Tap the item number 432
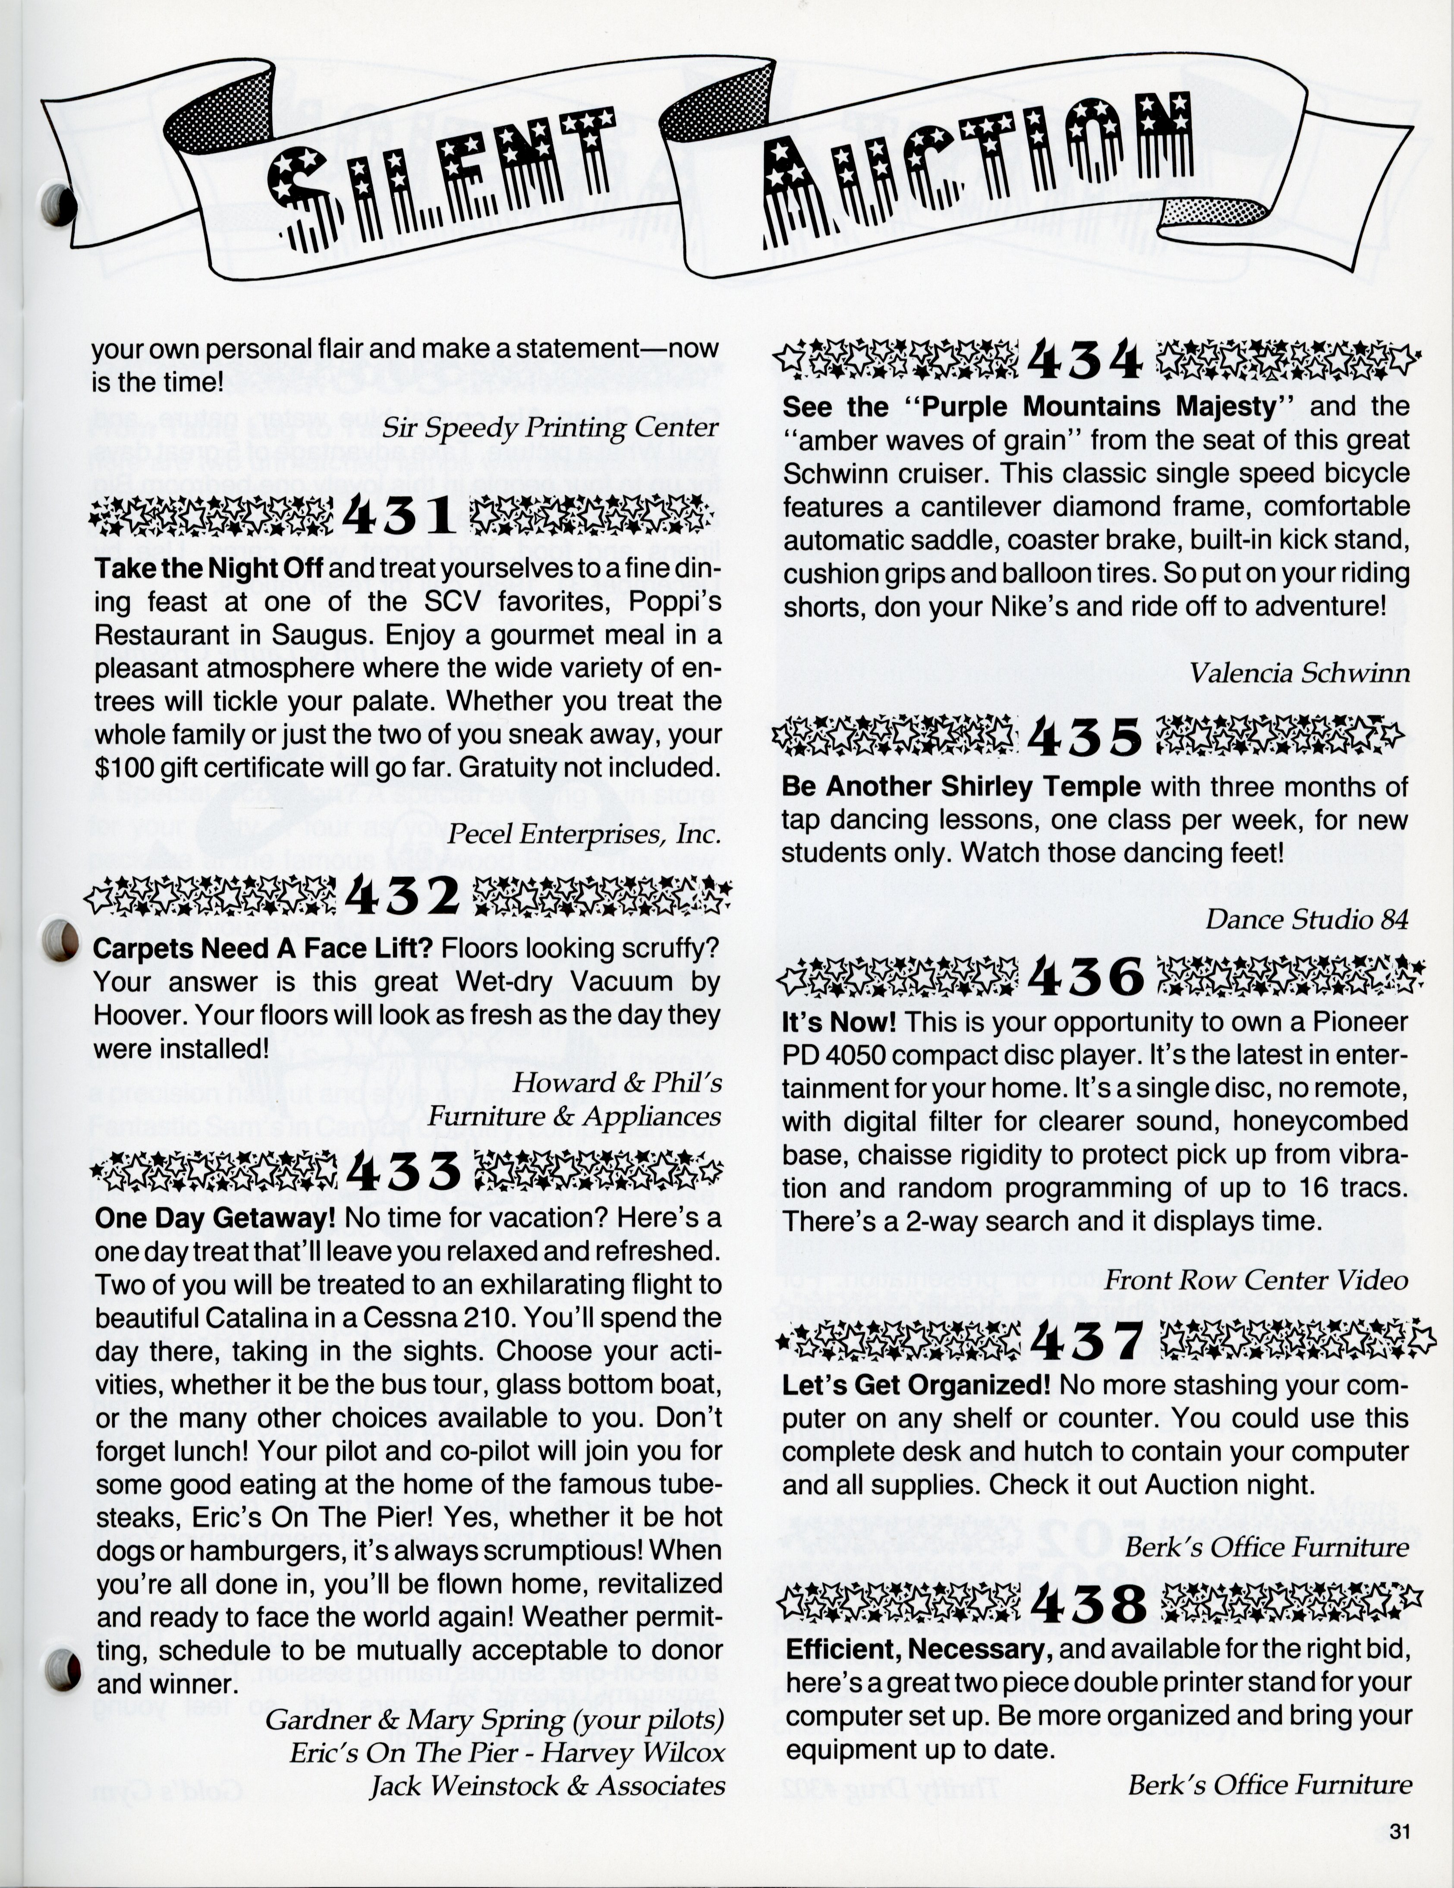tap(402, 896)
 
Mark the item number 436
tap(1086, 977)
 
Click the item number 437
tap(1086, 1340)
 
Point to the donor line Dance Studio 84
tap(1307, 919)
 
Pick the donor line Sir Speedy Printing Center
tap(551, 427)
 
